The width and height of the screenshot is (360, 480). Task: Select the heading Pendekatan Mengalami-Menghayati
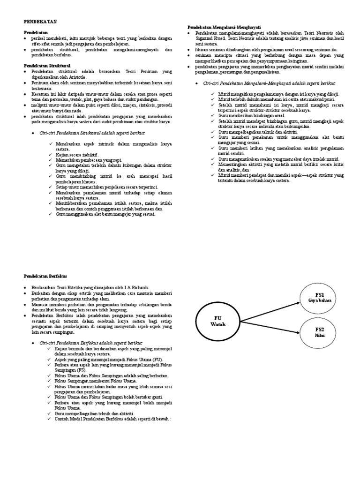224,28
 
